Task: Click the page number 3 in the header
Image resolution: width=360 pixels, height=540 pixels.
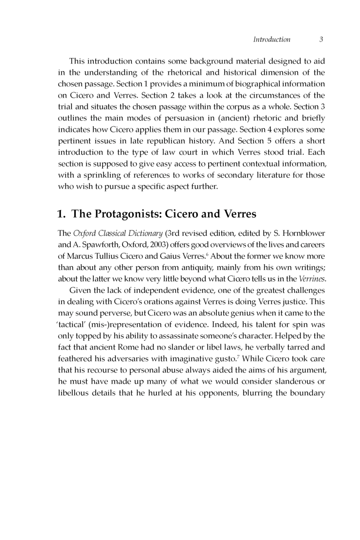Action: coord(321,40)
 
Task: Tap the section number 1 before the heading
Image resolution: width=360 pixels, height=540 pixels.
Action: coord(61,213)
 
